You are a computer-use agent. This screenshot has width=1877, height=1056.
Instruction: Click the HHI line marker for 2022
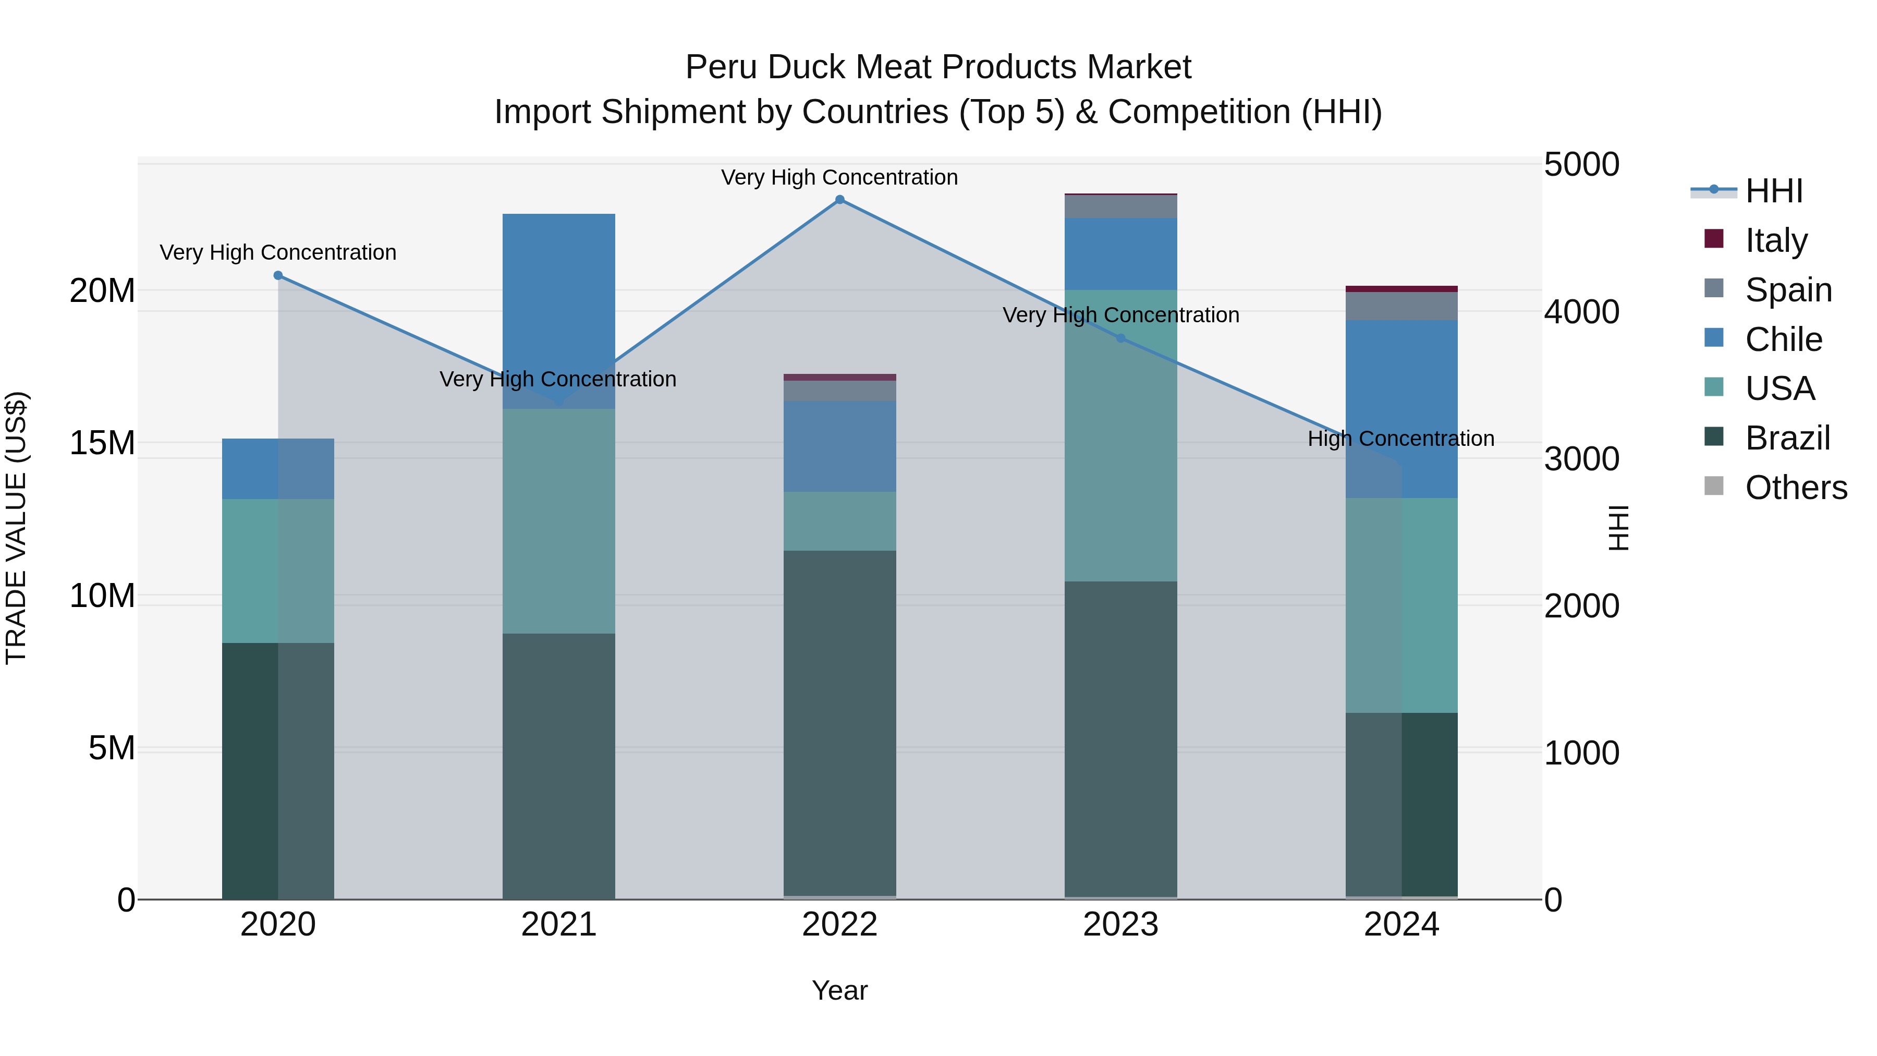pos(839,200)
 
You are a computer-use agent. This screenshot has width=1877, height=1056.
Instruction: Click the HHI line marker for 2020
pos(277,275)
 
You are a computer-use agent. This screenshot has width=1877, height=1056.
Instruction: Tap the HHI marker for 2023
pos(1120,338)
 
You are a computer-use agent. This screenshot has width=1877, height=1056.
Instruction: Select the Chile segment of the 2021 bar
pos(559,306)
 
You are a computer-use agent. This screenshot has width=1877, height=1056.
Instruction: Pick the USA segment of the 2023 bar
pos(1120,438)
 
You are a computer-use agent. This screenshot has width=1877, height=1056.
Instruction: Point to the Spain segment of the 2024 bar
pos(1401,306)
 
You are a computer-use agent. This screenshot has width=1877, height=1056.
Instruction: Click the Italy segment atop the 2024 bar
pos(1401,288)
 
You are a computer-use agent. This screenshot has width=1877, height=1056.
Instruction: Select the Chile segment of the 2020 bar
pos(277,469)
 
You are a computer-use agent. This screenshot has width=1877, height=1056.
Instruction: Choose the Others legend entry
pos(1795,488)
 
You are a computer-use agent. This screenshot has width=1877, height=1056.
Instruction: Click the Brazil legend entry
pos(1787,438)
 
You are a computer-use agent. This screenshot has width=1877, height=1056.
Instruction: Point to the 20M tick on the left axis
pos(102,291)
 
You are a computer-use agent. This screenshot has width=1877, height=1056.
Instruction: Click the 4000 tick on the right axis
pos(1581,312)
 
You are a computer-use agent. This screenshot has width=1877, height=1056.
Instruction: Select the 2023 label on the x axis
pos(1120,925)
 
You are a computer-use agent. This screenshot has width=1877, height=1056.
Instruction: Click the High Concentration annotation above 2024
pos(1400,439)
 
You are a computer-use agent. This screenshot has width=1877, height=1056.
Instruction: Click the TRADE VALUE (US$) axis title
pos(16,528)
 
